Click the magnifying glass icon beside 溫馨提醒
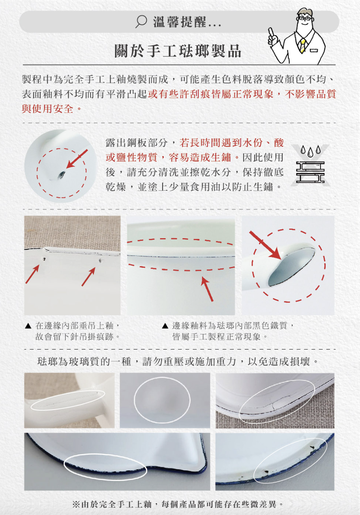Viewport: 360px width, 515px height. click(x=141, y=22)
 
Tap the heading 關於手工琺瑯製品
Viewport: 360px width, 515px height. click(x=178, y=51)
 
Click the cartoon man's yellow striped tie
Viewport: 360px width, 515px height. click(x=303, y=45)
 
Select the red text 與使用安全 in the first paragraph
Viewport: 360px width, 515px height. click(x=47, y=109)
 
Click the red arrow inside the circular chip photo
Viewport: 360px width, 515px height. click(x=77, y=159)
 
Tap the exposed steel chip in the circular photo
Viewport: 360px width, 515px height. click(x=61, y=175)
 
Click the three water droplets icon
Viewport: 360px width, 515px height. click(x=310, y=151)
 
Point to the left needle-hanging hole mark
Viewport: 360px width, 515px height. click(x=44, y=259)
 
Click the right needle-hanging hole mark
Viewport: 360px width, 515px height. click(x=100, y=261)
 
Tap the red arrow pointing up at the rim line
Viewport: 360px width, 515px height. click(x=208, y=289)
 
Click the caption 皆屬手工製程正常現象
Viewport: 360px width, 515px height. click(x=216, y=337)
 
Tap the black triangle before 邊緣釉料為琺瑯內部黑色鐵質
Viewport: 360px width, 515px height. click(x=165, y=326)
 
